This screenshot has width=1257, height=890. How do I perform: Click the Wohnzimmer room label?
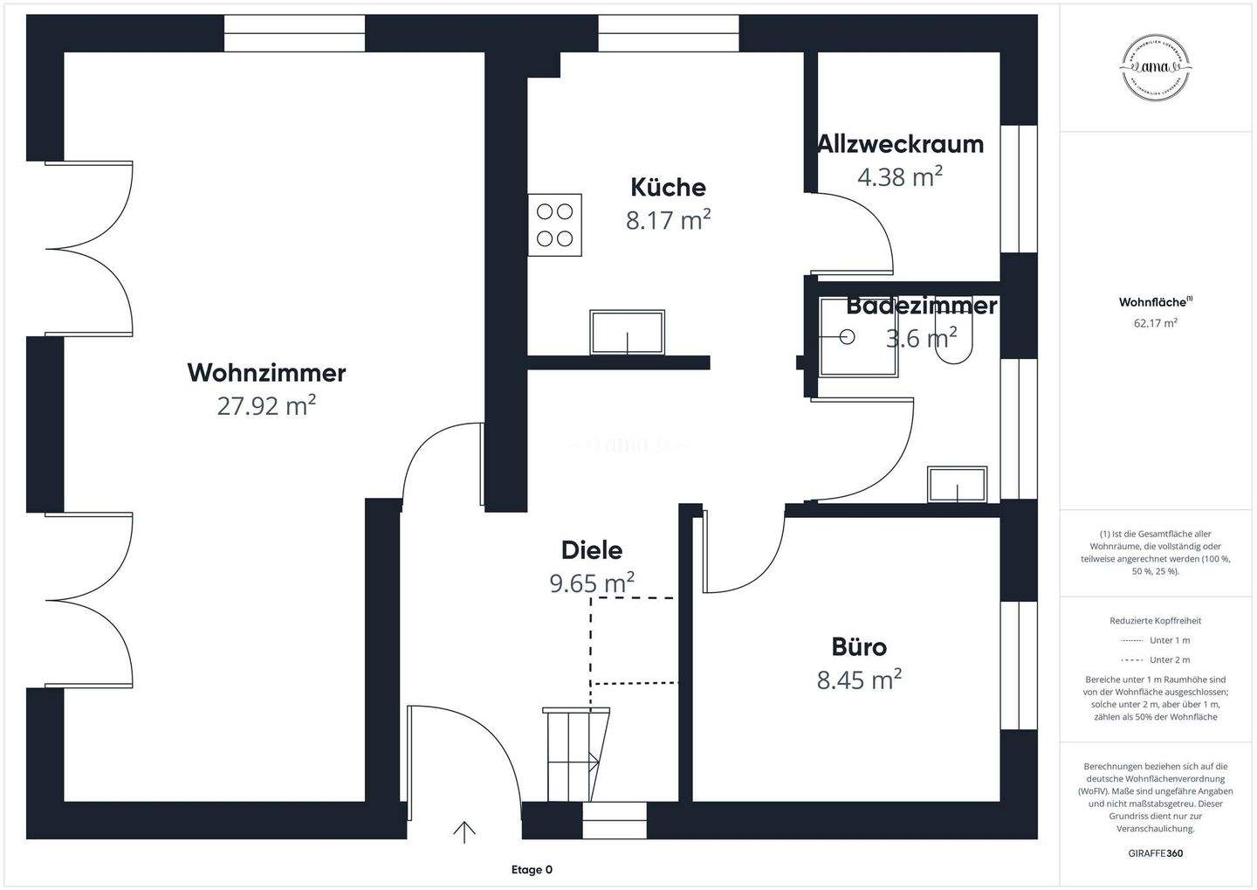(266, 373)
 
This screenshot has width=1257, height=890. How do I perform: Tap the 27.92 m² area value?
(266, 406)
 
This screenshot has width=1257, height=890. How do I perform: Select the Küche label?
(668, 187)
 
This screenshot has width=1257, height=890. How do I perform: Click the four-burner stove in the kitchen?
(554, 224)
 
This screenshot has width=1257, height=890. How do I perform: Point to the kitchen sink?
(627, 332)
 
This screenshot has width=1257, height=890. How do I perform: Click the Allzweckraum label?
(900, 144)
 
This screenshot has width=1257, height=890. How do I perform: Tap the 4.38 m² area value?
(900, 177)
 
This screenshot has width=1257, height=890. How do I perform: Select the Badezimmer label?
(921, 307)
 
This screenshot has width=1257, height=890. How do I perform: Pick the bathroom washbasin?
(958, 484)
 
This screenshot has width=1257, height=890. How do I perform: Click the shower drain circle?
(846, 335)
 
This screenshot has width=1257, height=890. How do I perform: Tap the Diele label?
(591, 550)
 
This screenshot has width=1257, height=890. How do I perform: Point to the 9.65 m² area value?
(591, 583)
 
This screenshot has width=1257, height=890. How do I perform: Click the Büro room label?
(859, 647)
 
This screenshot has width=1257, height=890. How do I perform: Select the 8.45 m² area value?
(859, 680)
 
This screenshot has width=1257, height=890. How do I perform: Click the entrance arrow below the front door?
(464, 832)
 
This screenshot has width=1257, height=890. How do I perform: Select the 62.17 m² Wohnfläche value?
(1155, 323)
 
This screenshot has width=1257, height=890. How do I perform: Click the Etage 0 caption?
(532, 870)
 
